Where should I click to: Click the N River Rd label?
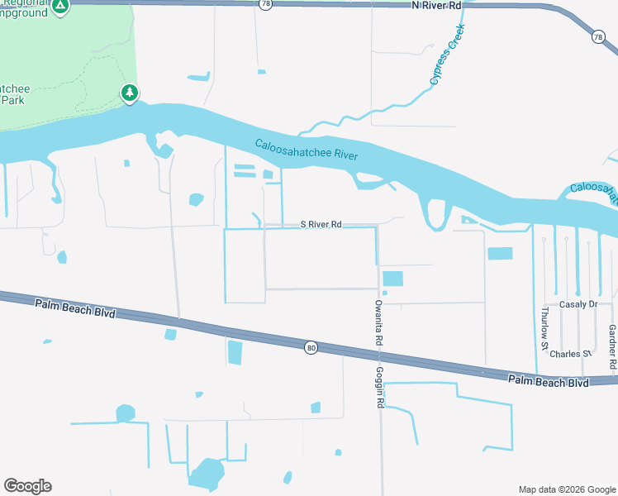pyautogui.click(x=436, y=6)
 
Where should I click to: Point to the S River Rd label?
pyautogui.click(x=321, y=224)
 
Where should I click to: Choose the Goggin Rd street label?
pyautogui.click(x=381, y=387)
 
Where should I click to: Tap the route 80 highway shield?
pyautogui.click(x=310, y=348)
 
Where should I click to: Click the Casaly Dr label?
pyautogui.click(x=578, y=304)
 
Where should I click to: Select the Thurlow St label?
pyautogui.click(x=544, y=330)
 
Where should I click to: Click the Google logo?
pyautogui.click(x=27, y=486)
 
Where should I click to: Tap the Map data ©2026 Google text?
pyautogui.click(x=566, y=489)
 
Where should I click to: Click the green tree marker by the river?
pyautogui.click(x=130, y=93)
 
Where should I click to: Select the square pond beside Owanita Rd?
pyautogui.click(x=393, y=279)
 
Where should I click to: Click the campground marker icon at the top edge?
pyautogui.click(x=59, y=7)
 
